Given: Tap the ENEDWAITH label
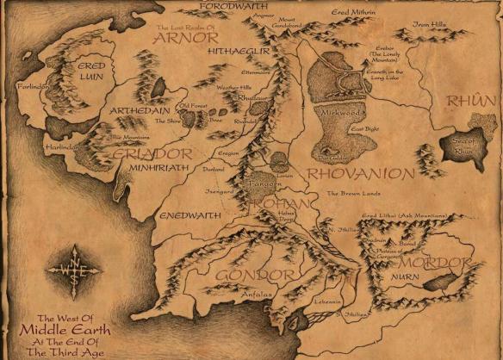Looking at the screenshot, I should [x=176, y=209].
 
